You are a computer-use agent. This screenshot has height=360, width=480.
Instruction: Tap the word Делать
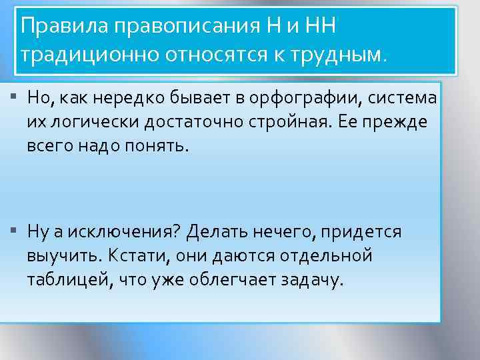click(x=216, y=231)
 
